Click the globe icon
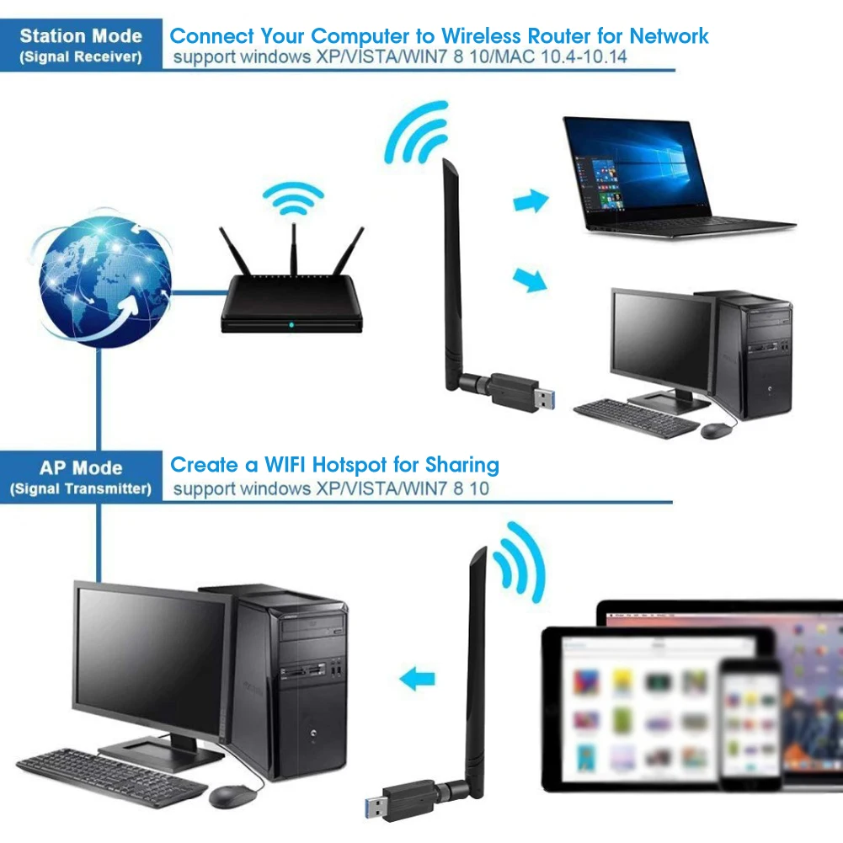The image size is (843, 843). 106,280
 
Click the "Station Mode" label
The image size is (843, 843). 81,37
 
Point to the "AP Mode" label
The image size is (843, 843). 81,468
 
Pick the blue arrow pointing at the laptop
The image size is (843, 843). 531,201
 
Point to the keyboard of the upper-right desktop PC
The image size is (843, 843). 637,417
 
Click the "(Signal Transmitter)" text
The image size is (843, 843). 81,488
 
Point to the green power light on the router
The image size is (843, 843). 291,324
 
